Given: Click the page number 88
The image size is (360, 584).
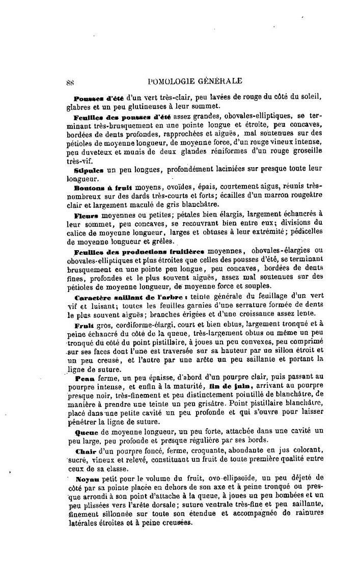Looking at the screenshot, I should pyautogui.click(x=70, y=80).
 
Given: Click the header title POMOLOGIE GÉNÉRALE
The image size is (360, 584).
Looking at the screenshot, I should pyautogui.click(x=193, y=79).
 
